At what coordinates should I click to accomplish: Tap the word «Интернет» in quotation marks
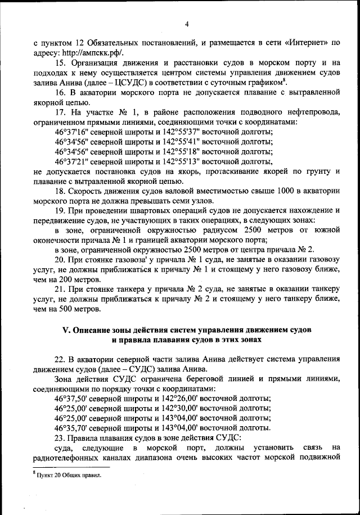pyautogui.click(x=302, y=42)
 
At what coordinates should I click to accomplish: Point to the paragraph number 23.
pyautogui.click(x=61, y=438)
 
